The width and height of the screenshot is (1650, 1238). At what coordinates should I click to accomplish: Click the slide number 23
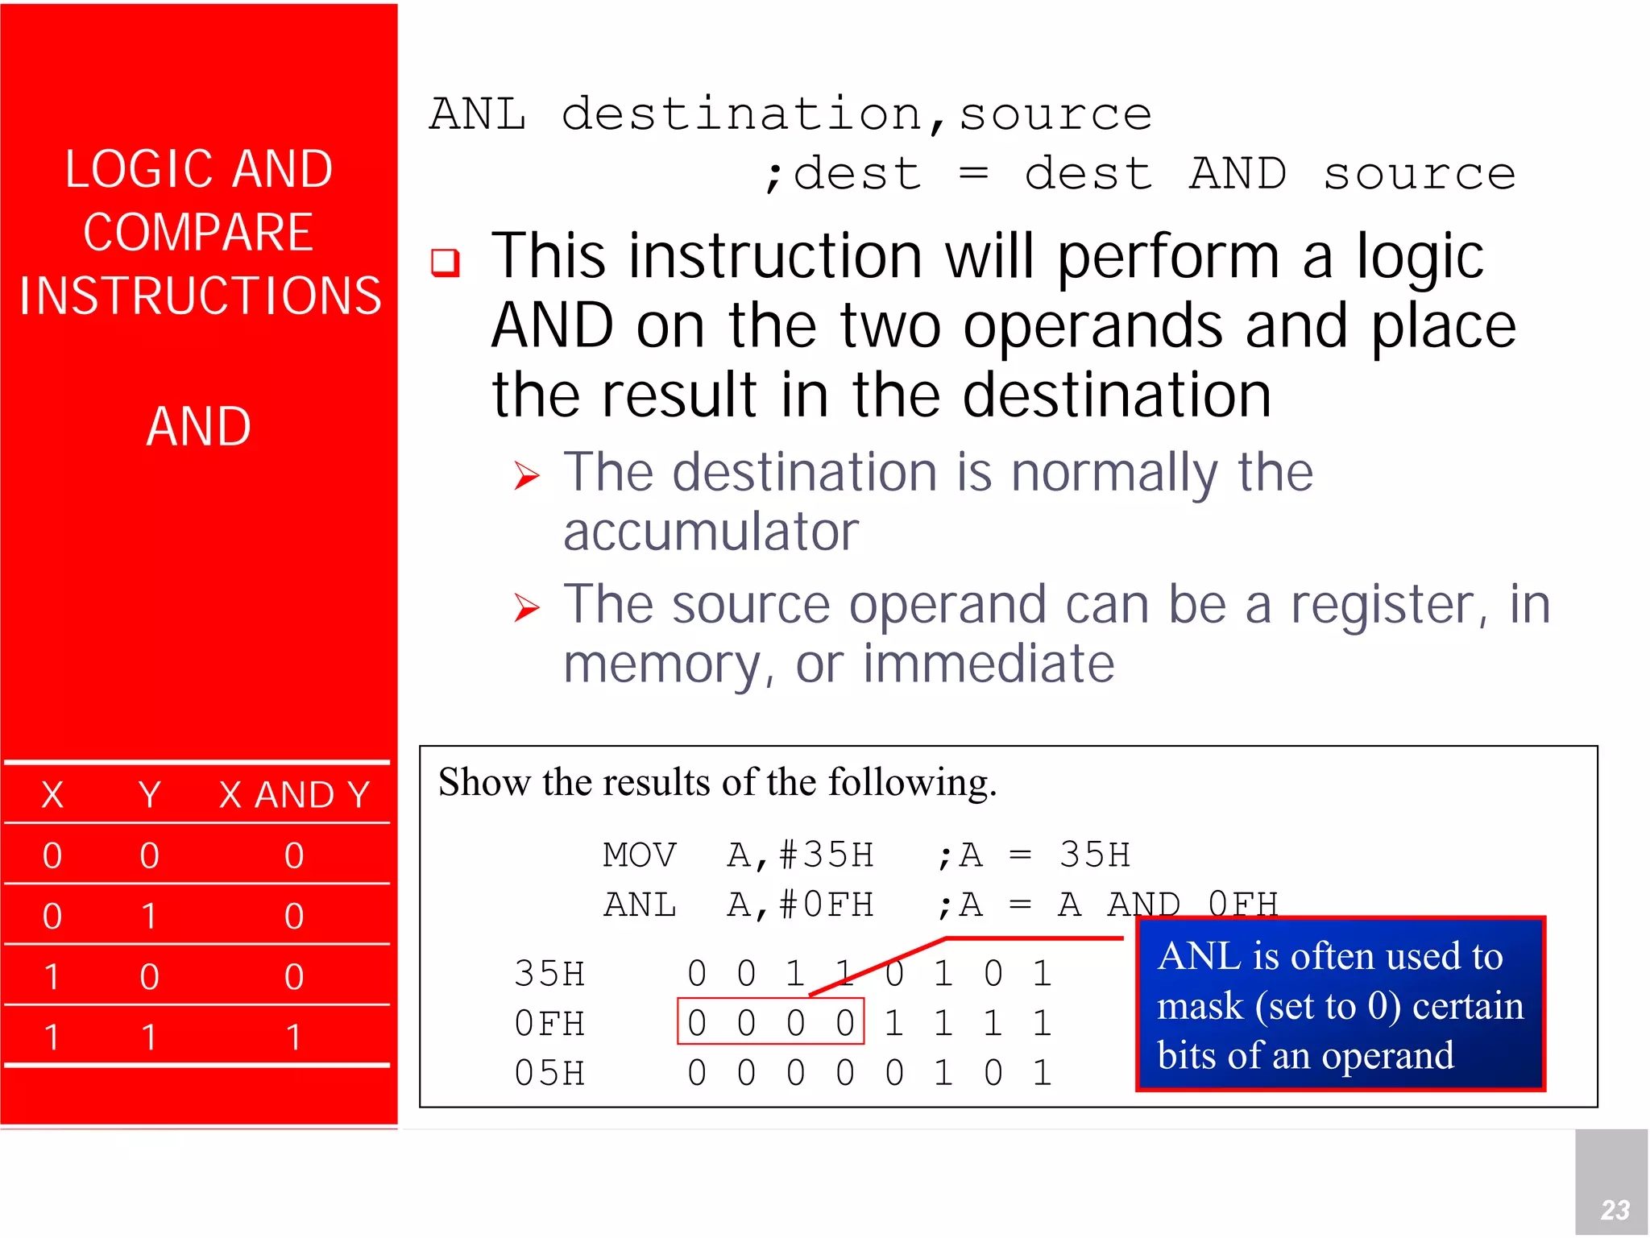(x=1615, y=1209)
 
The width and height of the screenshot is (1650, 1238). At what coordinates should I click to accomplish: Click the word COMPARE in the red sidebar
(x=198, y=233)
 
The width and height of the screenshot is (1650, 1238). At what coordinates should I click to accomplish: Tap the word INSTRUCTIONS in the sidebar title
(x=200, y=296)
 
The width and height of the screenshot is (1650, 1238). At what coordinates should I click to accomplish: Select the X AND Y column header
(x=294, y=795)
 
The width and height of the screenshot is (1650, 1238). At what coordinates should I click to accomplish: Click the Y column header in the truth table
(x=149, y=795)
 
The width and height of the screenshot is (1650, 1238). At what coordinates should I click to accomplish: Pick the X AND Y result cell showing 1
(x=294, y=1037)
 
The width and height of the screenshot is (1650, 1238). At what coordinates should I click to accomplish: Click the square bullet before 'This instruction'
(x=446, y=263)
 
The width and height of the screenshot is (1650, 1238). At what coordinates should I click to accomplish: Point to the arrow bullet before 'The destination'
(x=527, y=475)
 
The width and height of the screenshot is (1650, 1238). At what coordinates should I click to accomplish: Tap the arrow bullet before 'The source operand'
(x=527, y=607)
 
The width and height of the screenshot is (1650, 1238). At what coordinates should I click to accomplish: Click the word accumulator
(x=711, y=532)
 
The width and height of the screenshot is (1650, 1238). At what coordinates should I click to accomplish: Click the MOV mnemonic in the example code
(x=640, y=855)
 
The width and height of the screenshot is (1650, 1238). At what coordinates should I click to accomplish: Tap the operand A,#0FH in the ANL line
(x=800, y=905)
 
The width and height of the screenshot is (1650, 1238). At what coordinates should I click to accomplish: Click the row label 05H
(x=549, y=1074)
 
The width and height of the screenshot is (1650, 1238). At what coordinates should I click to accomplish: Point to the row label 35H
(x=549, y=975)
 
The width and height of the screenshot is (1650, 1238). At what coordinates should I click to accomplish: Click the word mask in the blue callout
(x=1200, y=1007)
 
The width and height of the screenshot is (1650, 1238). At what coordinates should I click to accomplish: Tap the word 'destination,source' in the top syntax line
(x=856, y=114)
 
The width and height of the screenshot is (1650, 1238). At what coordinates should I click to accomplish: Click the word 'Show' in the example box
(x=483, y=782)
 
